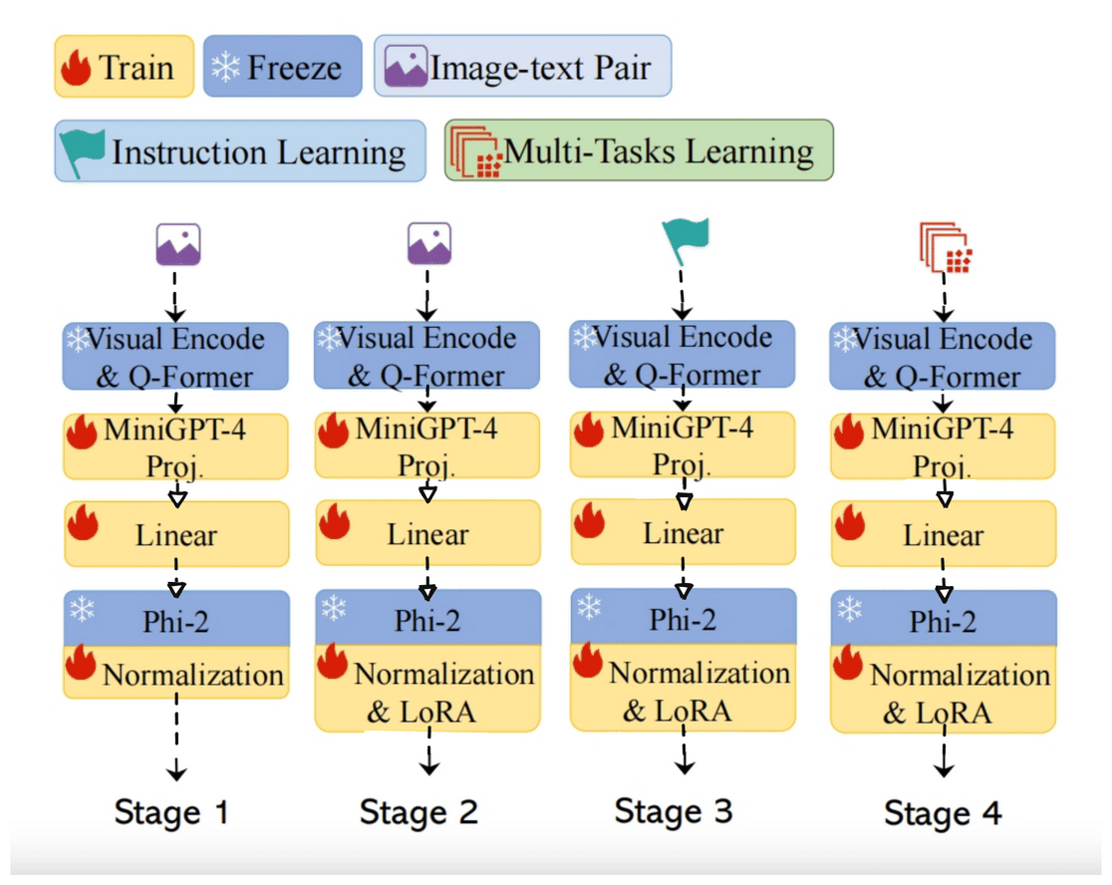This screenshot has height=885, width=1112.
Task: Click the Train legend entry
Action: pos(124,68)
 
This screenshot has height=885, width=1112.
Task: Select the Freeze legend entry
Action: pos(282,68)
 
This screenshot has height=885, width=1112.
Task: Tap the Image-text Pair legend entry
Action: pos(522,67)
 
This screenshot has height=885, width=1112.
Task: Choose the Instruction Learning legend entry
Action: pos(239,151)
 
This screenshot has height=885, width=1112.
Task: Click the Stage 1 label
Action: pos(171,811)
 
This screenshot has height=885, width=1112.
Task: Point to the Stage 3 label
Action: pos(674,810)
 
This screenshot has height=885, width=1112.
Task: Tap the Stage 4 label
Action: pos(943,813)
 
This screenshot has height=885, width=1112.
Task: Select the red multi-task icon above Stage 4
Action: pos(945,248)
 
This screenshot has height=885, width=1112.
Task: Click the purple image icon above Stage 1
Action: pos(178,244)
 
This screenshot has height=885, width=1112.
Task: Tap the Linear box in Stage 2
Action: pos(427,533)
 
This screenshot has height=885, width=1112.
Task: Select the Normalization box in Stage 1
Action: pos(176,674)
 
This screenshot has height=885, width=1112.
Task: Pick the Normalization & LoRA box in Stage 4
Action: pos(943,694)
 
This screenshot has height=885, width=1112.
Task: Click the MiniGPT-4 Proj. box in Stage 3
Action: pos(684,445)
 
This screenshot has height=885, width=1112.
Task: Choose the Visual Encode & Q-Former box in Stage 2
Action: pos(426,355)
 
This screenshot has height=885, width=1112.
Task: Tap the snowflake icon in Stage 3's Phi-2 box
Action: pos(591,607)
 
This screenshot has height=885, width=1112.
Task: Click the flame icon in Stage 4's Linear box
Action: pos(850,523)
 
